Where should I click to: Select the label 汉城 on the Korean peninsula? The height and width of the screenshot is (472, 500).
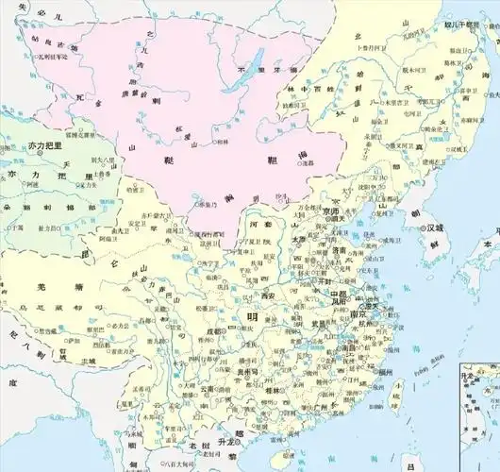pos(435,228)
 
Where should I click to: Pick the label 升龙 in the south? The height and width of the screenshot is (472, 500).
pos(225,442)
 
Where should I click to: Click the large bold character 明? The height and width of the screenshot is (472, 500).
pos(251,317)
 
